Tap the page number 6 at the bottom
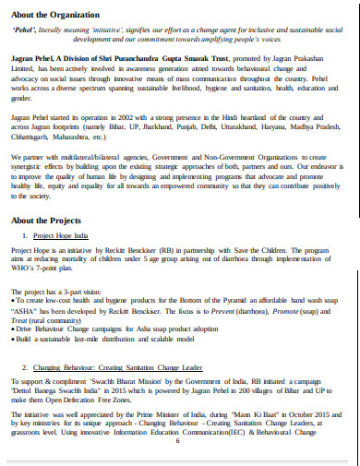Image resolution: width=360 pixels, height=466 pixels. [176, 440]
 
